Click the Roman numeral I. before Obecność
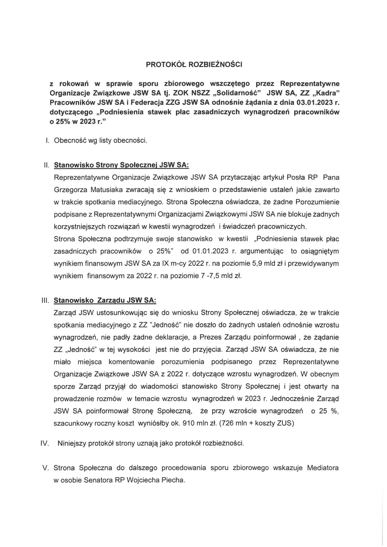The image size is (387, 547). coord(48,140)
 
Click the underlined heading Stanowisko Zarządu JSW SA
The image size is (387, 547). coord(105,300)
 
